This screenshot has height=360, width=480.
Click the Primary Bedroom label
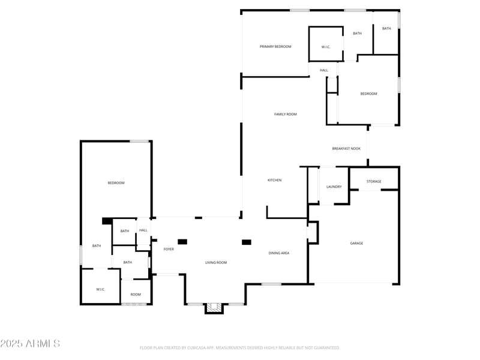pyautogui.click(x=275, y=47)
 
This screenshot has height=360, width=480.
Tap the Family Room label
pyautogui.click(x=286, y=114)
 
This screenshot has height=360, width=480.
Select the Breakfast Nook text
pyautogui.click(x=346, y=148)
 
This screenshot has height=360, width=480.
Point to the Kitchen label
pyautogui.click(x=274, y=180)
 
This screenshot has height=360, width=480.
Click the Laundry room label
pyautogui.click(x=334, y=187)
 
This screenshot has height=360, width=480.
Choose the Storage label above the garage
pyautogui.click(x=374, y=181)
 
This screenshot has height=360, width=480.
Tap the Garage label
pyautogui.click(x=356, y=243)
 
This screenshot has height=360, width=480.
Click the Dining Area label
pyautogui.click(x=278, y=253)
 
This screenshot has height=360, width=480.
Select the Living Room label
pyautogui.click(x=216, y=262)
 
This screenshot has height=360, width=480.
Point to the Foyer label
pyautogui.click(x=169, y=249)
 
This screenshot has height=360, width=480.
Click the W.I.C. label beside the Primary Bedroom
pyautogui.click(x=326, y=47)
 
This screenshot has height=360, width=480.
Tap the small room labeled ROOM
pyautogui.click(x=136, y=294)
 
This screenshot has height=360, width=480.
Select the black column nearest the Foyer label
pyautogui.click(x=182, y=242)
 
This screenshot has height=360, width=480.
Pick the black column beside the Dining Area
pyautogui.click(x=246, y=242)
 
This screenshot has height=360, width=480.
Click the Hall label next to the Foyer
pyautogui.click(x=143, y=230)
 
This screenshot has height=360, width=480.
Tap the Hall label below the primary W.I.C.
pyautogui.click(x=324, y=70)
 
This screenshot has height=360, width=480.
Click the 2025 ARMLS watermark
pyautogui.click(x=30, y=344)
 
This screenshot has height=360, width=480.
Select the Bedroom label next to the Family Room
pyautogui.click(x=368, y=94)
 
